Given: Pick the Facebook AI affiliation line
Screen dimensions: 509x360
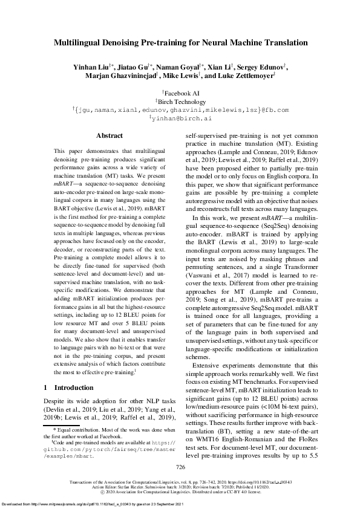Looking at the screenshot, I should pos(180,94).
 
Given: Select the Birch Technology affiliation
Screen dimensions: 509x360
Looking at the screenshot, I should pos(180,102).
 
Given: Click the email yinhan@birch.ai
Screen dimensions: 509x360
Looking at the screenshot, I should pos(180,119).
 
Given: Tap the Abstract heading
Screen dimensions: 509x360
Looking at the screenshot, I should pos(109,136).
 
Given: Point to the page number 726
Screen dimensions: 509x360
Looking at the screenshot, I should pos(180,467).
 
